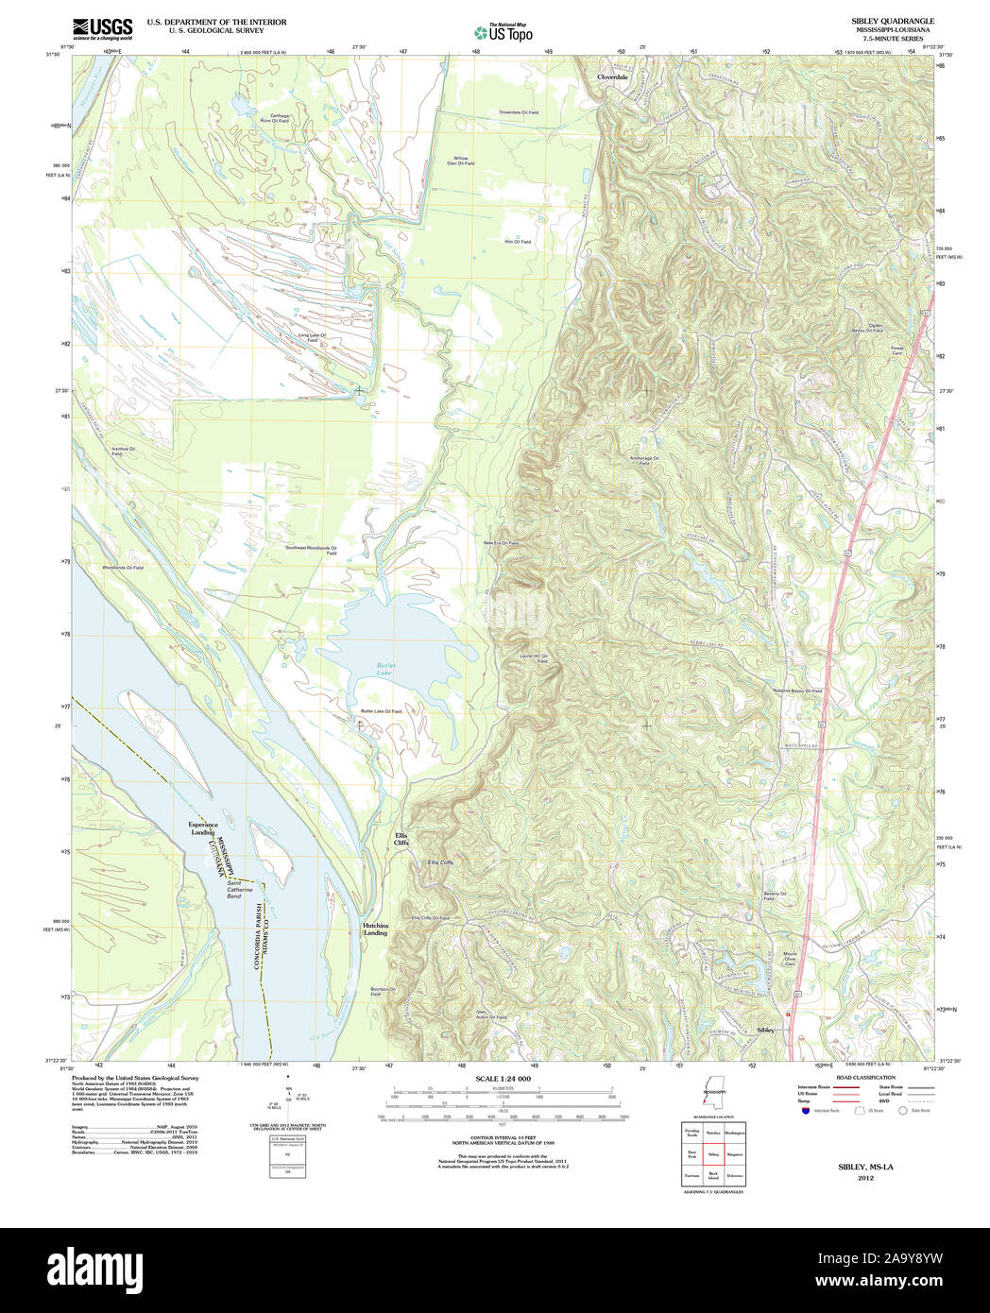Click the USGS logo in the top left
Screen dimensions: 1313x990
pyautogui.click(x=102, y=27)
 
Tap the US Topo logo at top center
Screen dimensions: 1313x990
pyautogui.click(x=504, y=32)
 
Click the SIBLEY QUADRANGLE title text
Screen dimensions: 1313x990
pyautogui.click(x=893, y=21)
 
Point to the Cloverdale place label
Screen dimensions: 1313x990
pyautogui.click(x=612, y=77)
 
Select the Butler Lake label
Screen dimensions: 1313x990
pyautogui.click(x=385, y=670)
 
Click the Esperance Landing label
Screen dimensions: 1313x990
pyautogui.click(x=203, y=828)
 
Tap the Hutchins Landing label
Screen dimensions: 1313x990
pyautogui.click(x=375, y=929)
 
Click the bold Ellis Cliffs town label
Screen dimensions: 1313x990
pyautogui.click(x=401, y=839)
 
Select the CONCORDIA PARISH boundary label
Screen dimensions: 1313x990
pyautogui.click(x=256, y=934)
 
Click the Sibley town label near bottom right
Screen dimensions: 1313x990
pyautogui.click(x=766, y=1029)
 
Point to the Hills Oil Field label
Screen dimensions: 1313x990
pyautogui.click(x=517, y=242)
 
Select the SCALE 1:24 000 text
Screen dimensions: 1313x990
pyautogui.click(x=503, y=1079)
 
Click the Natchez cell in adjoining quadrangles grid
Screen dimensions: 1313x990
pyautogui.click(x=713, y=1132)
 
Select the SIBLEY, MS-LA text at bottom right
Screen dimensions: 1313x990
pyautogui.click(x=865, y=1168)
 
